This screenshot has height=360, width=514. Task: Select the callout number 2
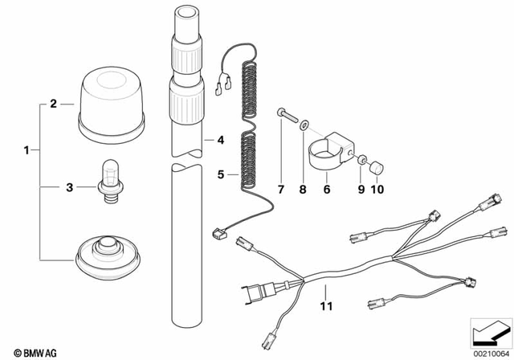click(x=53, y=104)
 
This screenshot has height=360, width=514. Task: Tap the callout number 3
click(x=69, y=188)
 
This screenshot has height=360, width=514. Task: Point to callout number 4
click(x=218, y=140)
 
